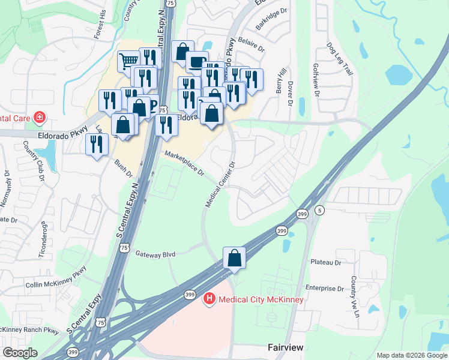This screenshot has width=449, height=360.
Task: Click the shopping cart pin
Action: point(128,61)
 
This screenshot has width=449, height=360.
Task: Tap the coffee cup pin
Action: point(196,62)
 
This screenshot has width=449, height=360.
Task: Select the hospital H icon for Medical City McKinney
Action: point(209,298)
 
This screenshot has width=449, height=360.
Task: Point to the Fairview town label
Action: point(285,348)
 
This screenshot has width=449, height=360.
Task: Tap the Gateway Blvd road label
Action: point(155,254)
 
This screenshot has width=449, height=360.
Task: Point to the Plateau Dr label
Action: point(326,262)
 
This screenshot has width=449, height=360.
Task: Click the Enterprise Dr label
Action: point(324,289)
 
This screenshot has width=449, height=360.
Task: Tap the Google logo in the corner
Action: point(20,353)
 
